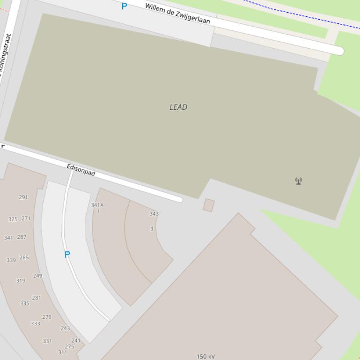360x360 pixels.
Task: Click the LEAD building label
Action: pyautogui.click(x=178, y=107)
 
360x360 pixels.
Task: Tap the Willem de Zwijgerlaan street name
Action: pyautogui.click(x=177, y=14)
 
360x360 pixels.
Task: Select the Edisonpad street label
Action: pyautogui.click(x=81, y=170)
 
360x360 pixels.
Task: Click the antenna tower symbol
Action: pyautogui.click(x=299, y=181)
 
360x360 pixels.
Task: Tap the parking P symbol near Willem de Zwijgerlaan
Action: pyautogui.click(x=124, y=6)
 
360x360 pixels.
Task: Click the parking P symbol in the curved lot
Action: pyautogui.click(x=67, y=254)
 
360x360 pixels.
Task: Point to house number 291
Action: pyautogui.click(x=23, y=197)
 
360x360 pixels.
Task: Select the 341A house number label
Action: pyautogui.click(x=97, y=205)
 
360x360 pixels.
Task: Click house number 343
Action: pyautogui.click(x=154, y=214)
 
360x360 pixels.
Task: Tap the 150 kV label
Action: pyautogui.click(x=206, y=356)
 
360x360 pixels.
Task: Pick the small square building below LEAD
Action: pyautogui.click(x=209, y=205)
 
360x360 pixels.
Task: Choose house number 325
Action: pyautogui.click(x=13, y=219)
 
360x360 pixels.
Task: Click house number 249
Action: pyautogui.click(x=37, y=276)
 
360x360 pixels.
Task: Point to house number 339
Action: pyautogui.click(x=11, y=260)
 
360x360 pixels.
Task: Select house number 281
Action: pyautogui.click(x=37, y=298)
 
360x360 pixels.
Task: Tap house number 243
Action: pyautogui.click(x=65, y=328)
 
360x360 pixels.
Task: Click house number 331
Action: pyautogui.click(x=47, y=341)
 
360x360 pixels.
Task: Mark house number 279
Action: pyautogui.click(x=47, y=317)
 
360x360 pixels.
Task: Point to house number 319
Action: pyautogui.click(x=21, y=281)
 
